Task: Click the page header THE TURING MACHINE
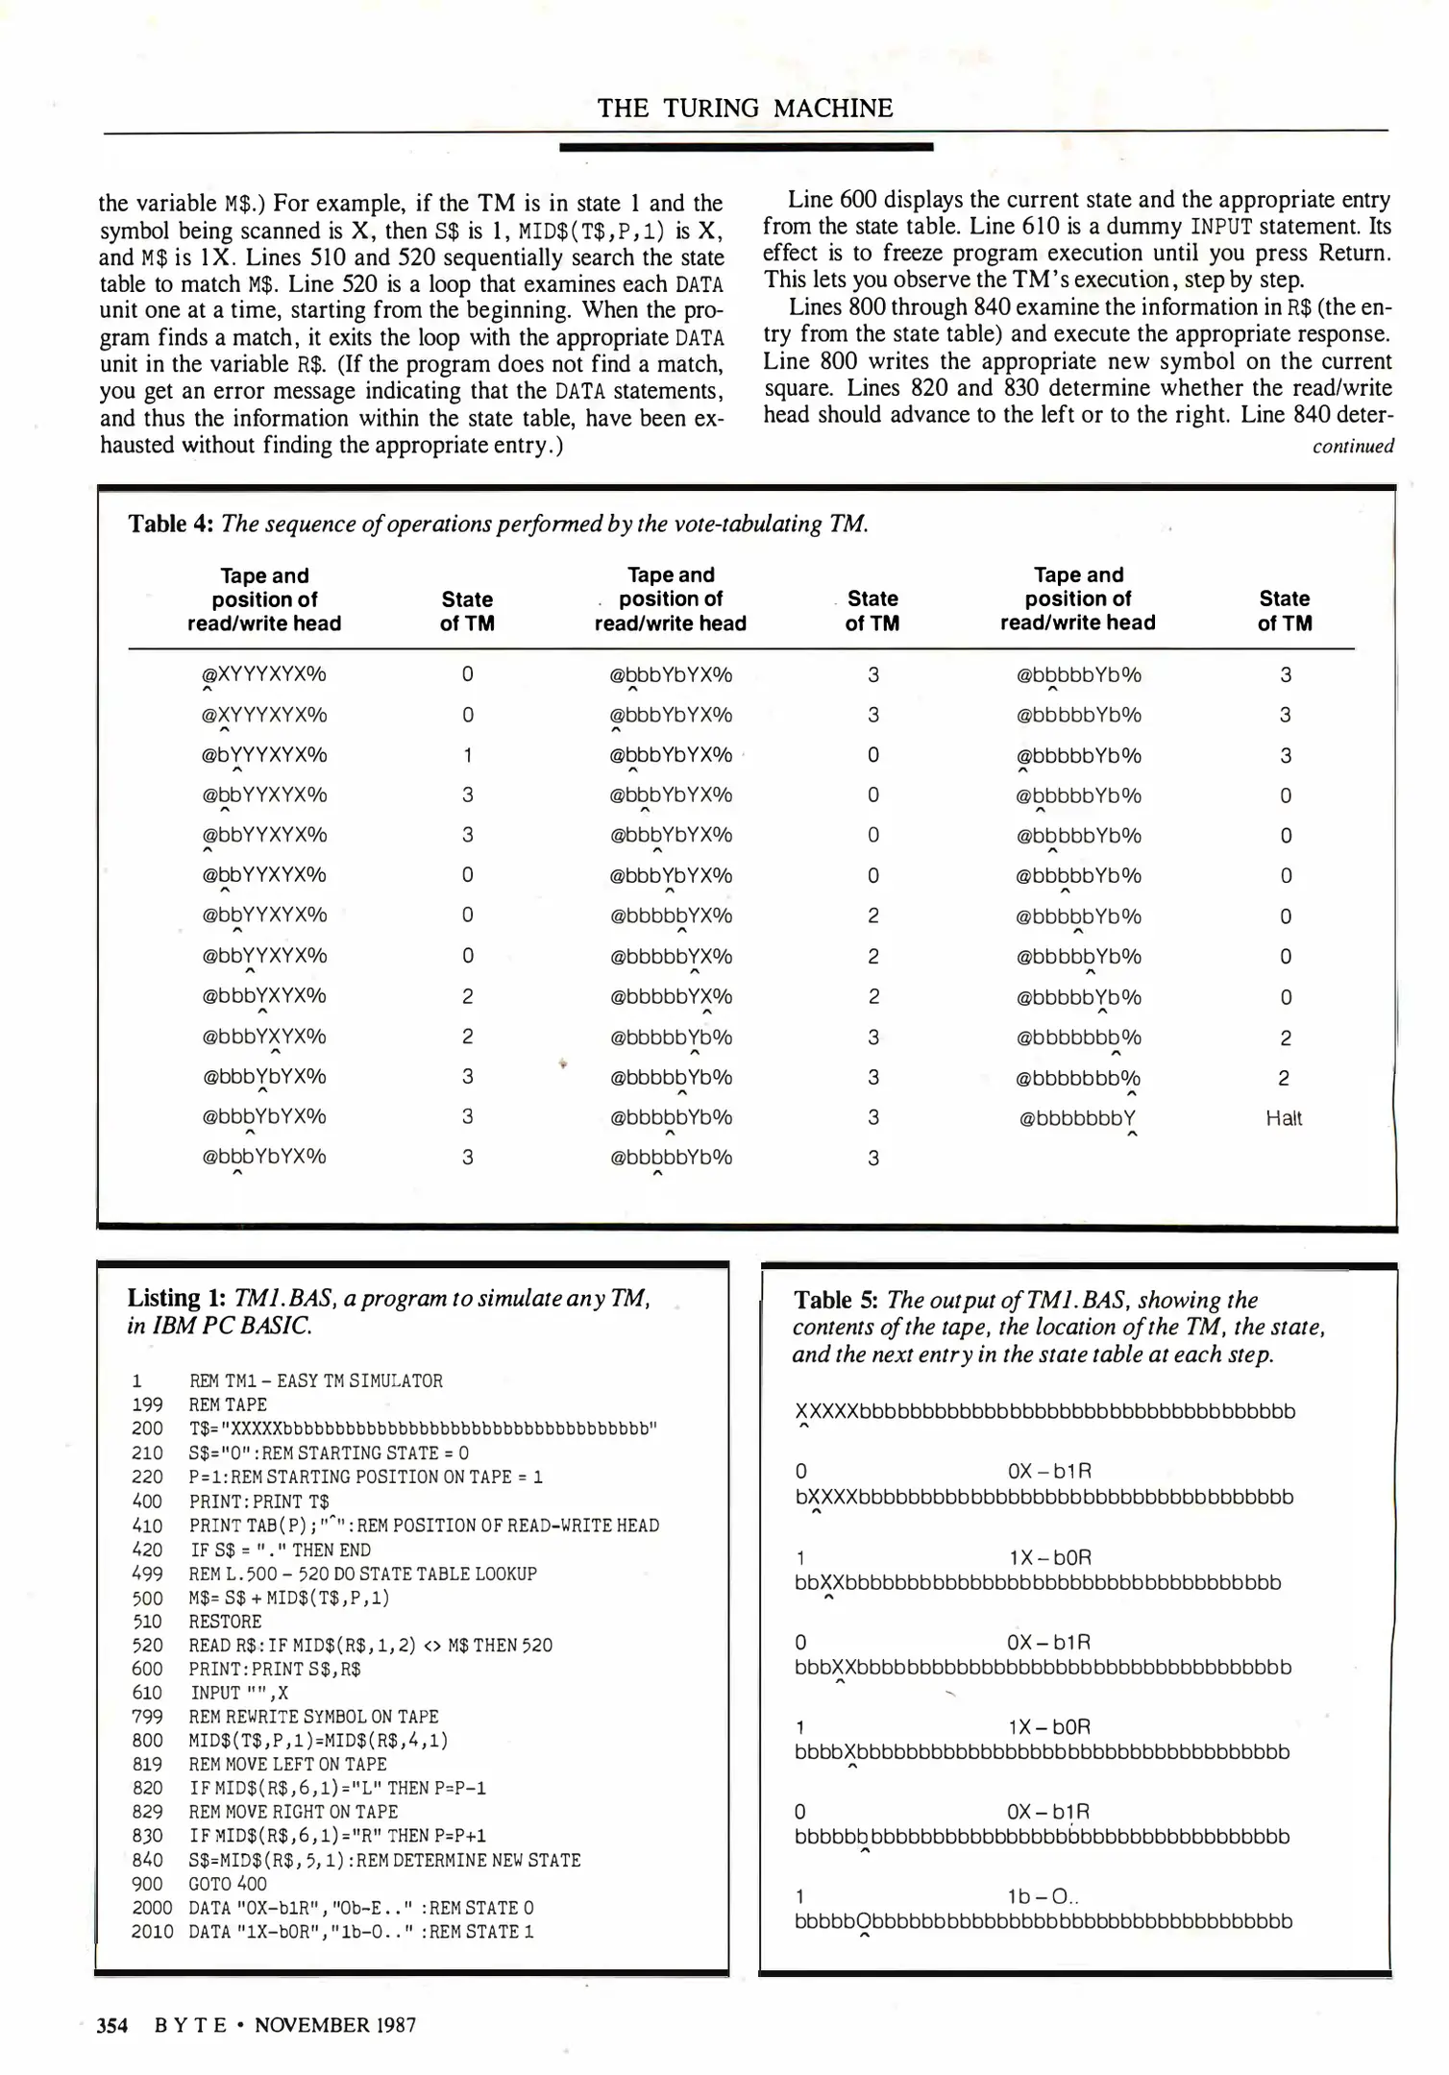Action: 745,109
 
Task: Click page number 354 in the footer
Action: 112,2025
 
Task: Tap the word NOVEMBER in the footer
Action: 313,2025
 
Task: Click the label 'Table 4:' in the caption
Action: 170,524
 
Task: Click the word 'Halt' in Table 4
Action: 1284,1118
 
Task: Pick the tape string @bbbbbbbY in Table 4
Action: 1077,1118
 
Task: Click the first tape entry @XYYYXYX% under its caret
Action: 263,674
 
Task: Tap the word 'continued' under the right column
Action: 1352,447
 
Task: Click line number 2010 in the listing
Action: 151,1932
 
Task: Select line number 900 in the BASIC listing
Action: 147,1884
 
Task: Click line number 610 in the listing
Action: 147,1693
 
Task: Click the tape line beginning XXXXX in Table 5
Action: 1044,1411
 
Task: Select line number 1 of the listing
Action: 137,1381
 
